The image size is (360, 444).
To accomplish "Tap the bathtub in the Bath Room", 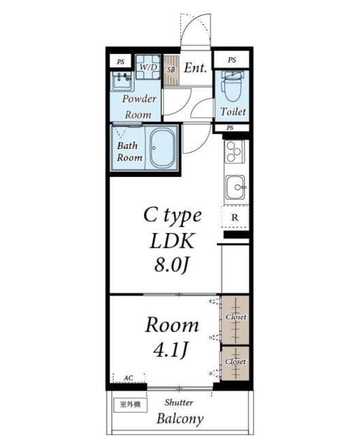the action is click(163, 148).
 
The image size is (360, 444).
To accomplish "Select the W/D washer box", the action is click(148, 67).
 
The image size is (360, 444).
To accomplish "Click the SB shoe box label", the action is click(171, 69).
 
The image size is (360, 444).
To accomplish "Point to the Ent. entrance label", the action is click(195, 67).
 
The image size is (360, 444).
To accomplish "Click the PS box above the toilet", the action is click(232, 60).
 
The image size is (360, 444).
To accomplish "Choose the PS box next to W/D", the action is click(121, 61).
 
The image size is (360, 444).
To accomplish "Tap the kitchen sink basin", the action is click(235, 187).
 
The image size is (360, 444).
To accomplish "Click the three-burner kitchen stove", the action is click(234, 152).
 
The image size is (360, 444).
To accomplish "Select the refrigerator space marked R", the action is click(235, 217).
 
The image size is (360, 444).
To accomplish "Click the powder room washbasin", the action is click(122, 81).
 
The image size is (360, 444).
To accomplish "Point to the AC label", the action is click(129, 378).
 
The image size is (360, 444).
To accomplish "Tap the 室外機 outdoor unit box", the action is click(131, 405).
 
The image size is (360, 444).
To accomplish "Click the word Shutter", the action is click(179, 402).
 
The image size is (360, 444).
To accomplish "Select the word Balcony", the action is click(180, 419).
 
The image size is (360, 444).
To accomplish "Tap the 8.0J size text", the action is click(171, 265).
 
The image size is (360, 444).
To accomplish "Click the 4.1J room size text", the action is click(171, 350).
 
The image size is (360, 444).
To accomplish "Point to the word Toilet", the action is click(233, 112).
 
